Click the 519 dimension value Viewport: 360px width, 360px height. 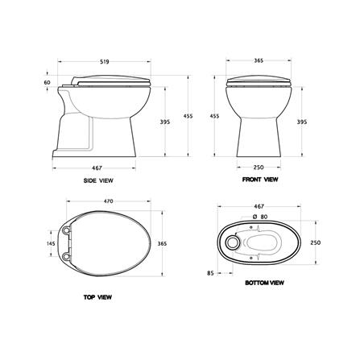105,62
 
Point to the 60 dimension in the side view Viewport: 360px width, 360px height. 47,82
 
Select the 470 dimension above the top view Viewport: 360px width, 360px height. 109,201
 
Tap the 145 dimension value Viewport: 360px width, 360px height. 51,243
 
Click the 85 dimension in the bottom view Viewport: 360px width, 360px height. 210,273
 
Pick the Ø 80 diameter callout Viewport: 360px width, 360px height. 260,217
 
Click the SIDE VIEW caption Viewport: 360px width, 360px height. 98,180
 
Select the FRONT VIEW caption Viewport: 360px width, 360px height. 260,179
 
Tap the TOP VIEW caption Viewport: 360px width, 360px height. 97,297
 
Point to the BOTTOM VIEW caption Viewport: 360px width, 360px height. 264,283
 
